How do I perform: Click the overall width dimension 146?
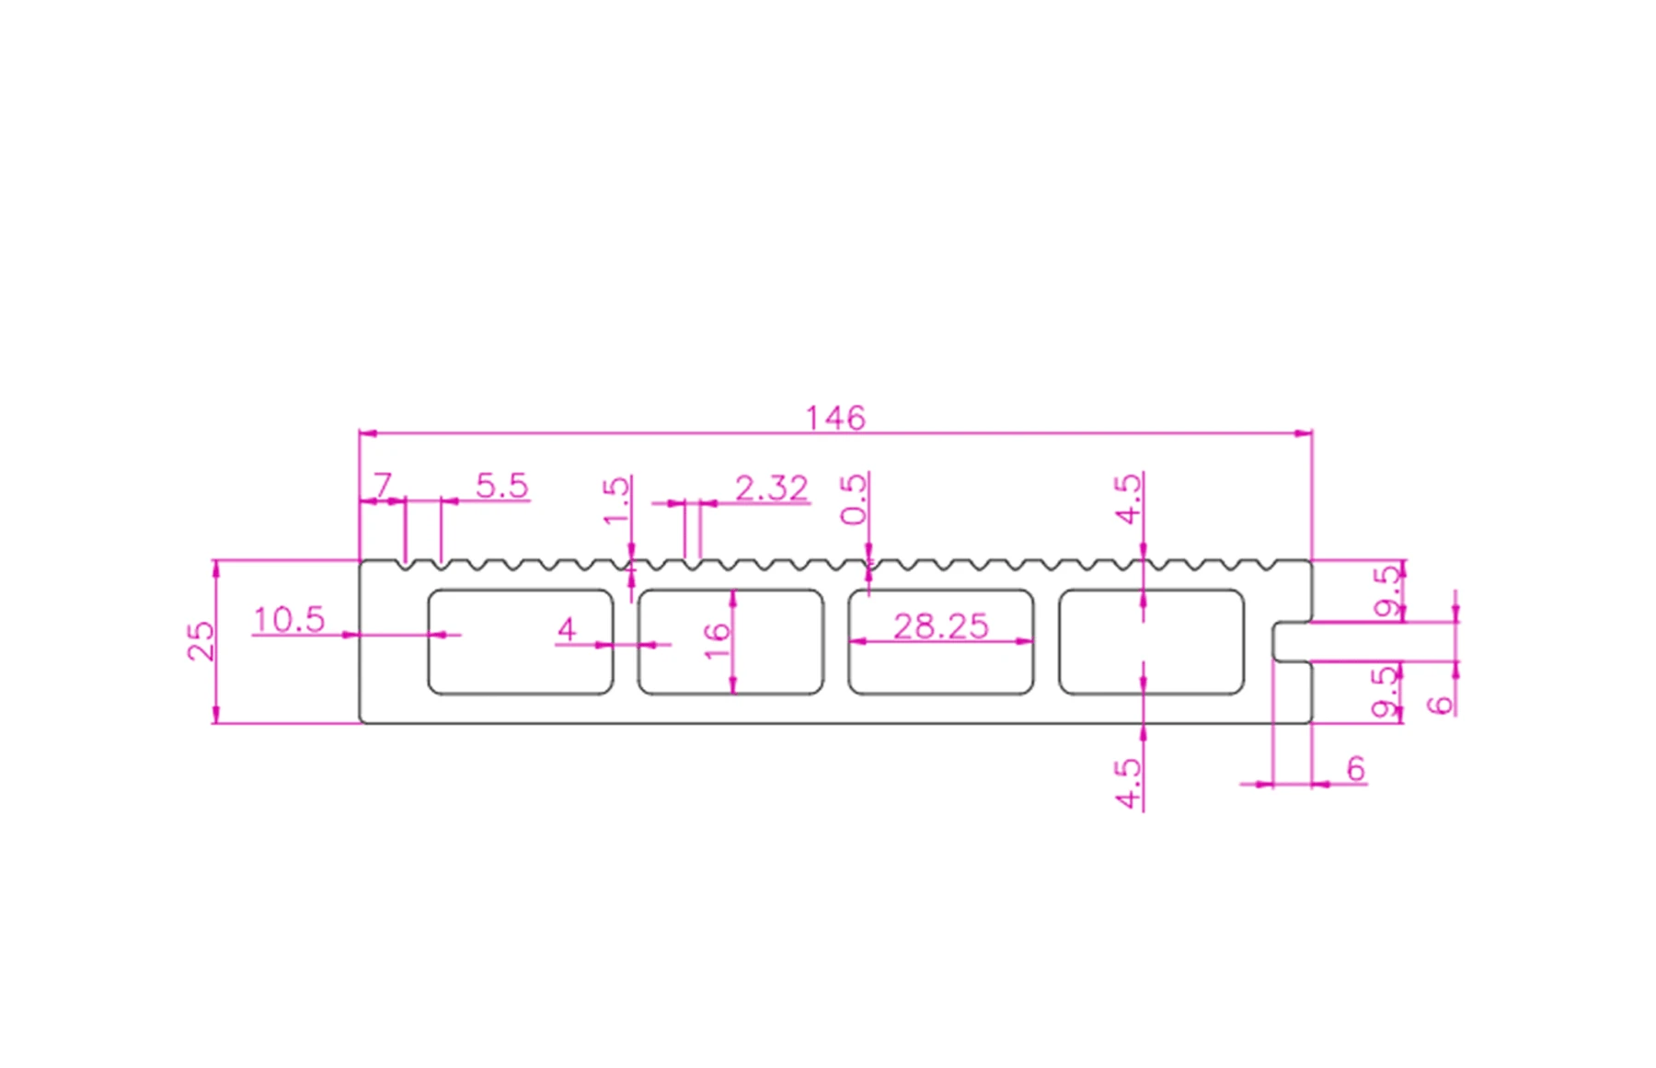coord(835,419)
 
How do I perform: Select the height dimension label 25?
coord(201,641)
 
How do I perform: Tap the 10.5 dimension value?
coord(289,620)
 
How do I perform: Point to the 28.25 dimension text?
coord(940,626)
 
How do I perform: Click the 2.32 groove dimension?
coord(771,488)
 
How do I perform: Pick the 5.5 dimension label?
coord(502,486)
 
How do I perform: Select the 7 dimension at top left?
coord(383,485)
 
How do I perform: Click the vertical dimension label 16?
coord(717,640)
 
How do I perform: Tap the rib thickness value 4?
coord(567,629)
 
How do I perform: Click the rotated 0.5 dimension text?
coord(854,499)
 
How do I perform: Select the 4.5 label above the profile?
coord(1128,499)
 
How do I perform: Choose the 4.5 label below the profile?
coord(1128,783)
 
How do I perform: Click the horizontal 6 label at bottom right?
coord(1355,768)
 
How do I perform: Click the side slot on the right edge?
coord(1292,641)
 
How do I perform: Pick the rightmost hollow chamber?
coord(1151,641)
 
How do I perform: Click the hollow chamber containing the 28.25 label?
coord(940,667)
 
